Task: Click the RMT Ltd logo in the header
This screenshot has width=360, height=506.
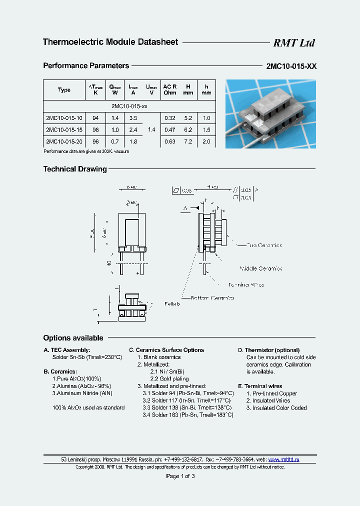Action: pos(293,43)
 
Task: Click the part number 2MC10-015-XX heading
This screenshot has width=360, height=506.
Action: pos(291,66)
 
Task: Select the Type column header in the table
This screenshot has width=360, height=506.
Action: pos(64,90)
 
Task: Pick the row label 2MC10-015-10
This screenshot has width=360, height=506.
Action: pos(64,118)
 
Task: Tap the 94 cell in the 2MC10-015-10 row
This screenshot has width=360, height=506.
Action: pos(95,118)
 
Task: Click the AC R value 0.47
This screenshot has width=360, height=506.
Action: pos(169,129)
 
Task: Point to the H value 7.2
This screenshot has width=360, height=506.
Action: pos(187,141)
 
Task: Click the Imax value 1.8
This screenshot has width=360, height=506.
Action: pos(133,141)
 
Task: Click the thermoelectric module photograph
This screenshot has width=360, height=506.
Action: pos(270,114)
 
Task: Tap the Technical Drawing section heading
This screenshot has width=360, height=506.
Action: pos(75,169)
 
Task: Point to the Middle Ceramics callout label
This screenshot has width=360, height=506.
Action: pos(260,268)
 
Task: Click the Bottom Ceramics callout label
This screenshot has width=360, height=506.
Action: pos(212,297)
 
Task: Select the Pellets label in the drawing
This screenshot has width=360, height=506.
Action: pos(172,303)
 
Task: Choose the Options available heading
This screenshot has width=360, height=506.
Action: pos(73,338)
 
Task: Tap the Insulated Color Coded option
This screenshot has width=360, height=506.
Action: pos(276,408)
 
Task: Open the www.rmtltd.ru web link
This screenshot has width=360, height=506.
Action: pos(284,459)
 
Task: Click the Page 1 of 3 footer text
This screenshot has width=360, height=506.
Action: pos(180,476)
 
